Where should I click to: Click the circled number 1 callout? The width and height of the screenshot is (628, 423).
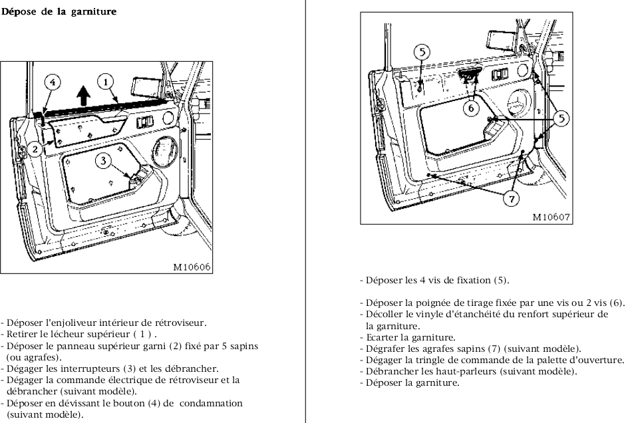point(105,82)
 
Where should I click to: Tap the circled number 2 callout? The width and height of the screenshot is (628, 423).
point(34,150)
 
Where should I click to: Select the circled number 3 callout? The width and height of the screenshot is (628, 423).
point(102,160)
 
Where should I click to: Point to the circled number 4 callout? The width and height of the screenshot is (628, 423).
point(53,82)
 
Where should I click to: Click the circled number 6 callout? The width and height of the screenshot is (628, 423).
point(470,106)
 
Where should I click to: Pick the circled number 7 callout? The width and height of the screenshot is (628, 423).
point(510,198)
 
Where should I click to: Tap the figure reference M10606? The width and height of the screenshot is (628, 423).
point(192,267)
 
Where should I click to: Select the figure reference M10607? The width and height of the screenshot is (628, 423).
point(551,217)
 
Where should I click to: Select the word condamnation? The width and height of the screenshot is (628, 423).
point(211,403)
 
